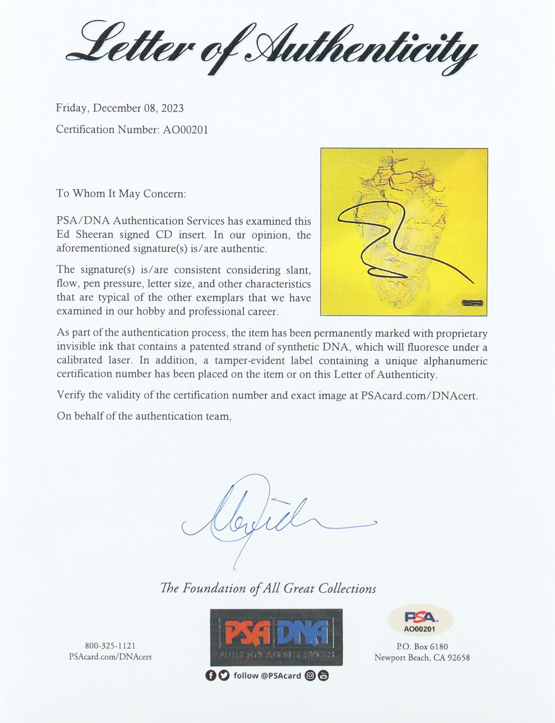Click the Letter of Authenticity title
tap(271, 50)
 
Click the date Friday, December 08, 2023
tap(120, 108)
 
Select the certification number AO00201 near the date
tap(185, 129)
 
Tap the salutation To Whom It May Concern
tap(121, 193)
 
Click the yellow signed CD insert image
tap(404, 232)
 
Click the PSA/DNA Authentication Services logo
tap(276, 637)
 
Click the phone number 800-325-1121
tap(110, 646)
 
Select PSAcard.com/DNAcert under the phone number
tap(110, 657)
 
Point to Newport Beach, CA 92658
tap(422, 657)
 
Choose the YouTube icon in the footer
tap(324, 675)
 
